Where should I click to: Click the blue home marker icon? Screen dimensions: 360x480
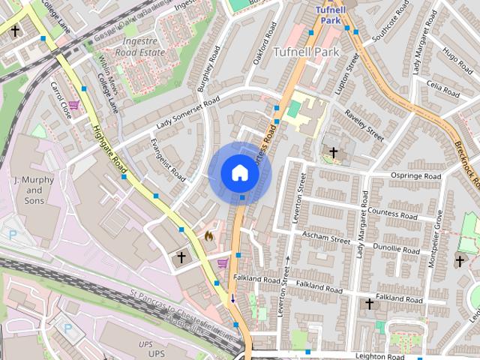click(239, 173)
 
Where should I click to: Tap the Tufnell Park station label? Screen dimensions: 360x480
click(328, 15)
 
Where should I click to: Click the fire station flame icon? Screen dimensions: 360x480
click(209, 235)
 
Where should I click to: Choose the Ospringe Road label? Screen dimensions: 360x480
click(417, 176)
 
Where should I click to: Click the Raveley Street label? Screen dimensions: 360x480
click(364, 127)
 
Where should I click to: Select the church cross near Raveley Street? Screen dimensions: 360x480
click(333, 152)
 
